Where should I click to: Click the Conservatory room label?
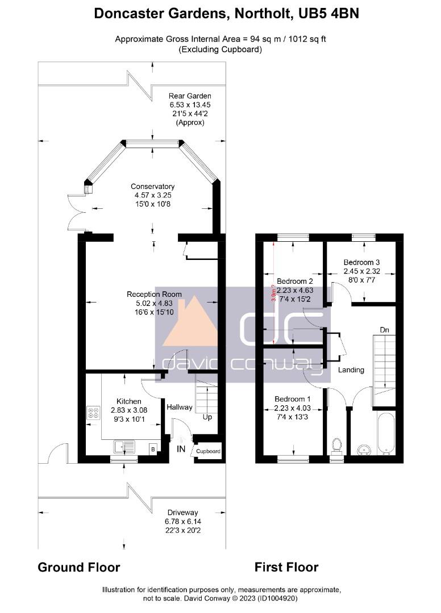click(152, 187)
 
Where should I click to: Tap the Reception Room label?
click(154, 295)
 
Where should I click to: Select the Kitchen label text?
click(129, 401)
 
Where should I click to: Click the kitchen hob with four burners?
click(93, 413)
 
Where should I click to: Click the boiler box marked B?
click(153, 449)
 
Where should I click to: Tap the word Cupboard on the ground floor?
click(208, 451)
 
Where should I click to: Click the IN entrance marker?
click(181, 449)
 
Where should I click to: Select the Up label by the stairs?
click(207, 417)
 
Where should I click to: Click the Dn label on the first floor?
click(385, 330)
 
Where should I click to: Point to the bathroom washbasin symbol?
click(364, 450)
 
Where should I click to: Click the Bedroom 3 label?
click(361, 262)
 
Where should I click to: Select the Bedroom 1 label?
click(292, 399)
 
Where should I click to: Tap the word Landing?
click(351, 370)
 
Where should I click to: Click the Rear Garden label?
click(190, 96)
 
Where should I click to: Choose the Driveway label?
click(183, 513)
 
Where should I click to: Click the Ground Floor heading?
click(78, 567)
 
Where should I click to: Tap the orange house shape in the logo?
click(190, 322)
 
